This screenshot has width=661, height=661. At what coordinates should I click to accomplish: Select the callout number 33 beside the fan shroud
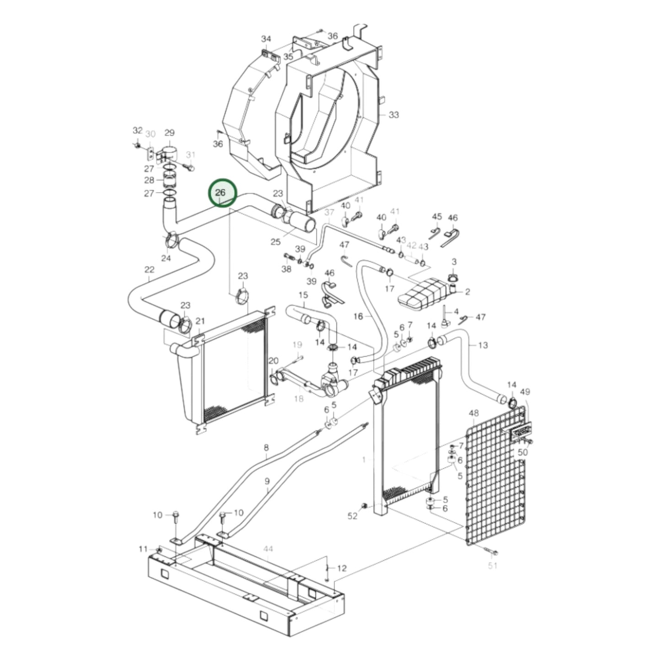(393, 115)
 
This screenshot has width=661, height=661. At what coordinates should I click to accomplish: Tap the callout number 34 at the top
(266, 38)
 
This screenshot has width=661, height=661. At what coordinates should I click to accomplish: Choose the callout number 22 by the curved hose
(150, 270)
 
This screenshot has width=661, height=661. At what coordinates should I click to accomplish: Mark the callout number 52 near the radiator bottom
(352, 516)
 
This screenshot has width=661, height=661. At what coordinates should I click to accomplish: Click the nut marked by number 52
(365, 506)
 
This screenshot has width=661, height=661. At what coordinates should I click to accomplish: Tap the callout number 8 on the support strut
(266, 448)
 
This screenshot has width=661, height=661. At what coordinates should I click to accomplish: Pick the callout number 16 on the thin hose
(358, 316)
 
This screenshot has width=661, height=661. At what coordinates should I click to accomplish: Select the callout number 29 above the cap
(169, 133)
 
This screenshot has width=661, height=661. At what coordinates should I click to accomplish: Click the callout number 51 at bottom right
(492, 565)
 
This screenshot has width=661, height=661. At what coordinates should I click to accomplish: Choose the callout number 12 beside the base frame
(342, 568)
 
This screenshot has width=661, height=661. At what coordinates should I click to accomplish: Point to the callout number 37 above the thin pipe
(329, 213)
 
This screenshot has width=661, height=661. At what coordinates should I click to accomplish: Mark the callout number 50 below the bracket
(522, 452)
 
